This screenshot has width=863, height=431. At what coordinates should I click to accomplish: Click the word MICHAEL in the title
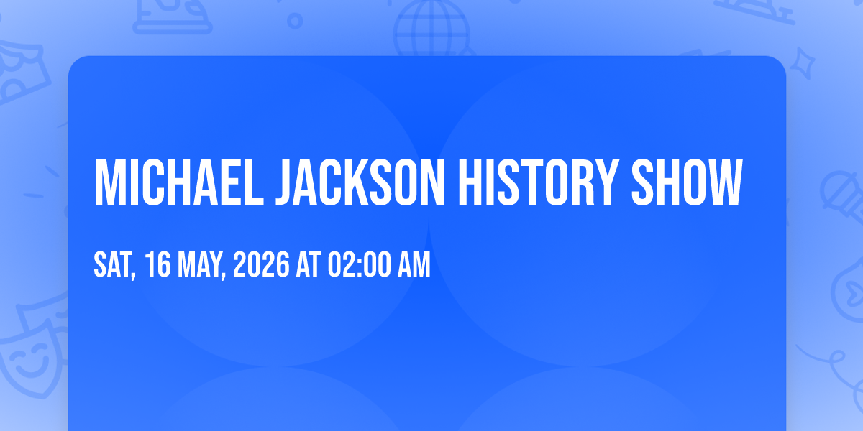[x=179, y=182]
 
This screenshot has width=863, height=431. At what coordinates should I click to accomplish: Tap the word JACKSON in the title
[x=360, y=182]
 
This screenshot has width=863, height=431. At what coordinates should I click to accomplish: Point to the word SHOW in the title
[x=687, y=182]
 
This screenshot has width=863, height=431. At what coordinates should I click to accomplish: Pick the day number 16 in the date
[x=158, y=264]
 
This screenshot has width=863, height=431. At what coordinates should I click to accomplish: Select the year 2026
[x=261, y=264]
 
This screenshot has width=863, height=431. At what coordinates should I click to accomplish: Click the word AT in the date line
[x=309, y=264]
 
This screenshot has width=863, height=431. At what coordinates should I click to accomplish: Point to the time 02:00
[x=359, y=264]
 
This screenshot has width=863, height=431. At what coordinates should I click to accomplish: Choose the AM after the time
[x=414, y=264]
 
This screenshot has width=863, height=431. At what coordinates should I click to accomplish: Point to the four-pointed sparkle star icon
[x=803, y=64]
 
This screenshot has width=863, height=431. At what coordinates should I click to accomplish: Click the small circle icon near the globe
[x=295, y=21]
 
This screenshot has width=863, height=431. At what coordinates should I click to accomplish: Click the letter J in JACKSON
[x=284, y=183]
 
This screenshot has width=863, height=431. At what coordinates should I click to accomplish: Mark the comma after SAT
[x=133, y=274]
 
